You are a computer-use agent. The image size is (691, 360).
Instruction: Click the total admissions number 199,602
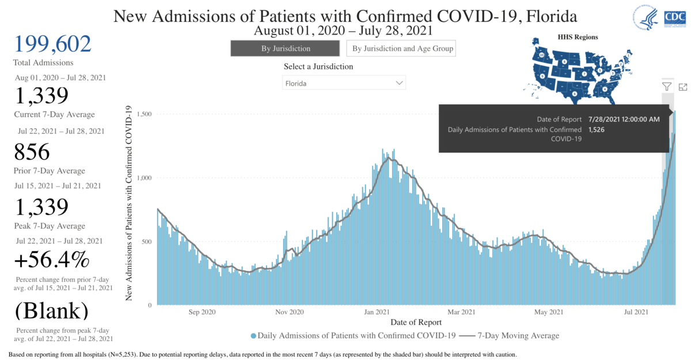(x=52, y=44)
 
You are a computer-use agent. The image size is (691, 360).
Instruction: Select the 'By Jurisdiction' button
(x=286, y=48)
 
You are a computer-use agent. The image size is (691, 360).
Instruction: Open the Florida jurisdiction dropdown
(x=344, y=83)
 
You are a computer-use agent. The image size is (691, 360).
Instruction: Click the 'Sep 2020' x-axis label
(x=202, y=312)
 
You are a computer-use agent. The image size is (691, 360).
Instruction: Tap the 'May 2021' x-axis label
(x=549, y=312)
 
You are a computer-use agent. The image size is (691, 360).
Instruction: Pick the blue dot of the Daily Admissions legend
(x=253, y=335)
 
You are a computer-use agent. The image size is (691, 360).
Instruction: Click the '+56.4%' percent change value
(x=52, y=261)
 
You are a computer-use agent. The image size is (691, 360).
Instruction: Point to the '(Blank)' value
(x=52, y=310)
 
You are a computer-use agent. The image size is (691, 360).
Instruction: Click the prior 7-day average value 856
(x=32, y=152)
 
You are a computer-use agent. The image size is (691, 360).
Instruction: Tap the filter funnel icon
(x=667, y=86)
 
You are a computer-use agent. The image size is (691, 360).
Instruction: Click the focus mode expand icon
(x=683, y=86)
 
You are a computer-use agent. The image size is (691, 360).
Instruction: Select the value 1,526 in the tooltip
(x=597, y=130)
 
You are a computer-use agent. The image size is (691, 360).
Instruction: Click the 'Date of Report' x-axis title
(x=416, y=322)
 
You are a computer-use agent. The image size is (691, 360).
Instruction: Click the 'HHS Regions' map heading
(x=578, y=37)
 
